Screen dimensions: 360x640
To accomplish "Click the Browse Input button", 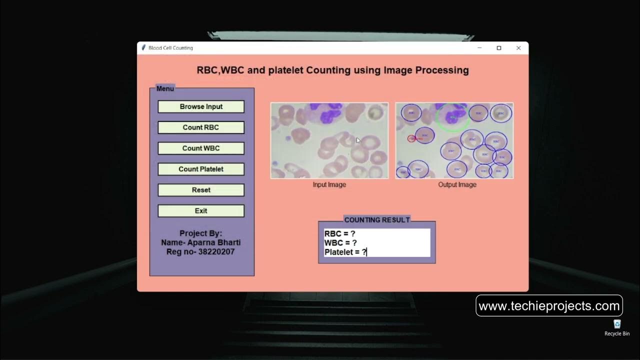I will (201, 106).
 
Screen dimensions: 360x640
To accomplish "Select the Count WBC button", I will (201, 148).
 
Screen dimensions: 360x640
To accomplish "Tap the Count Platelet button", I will (201, 169).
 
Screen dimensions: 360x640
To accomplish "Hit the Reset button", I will (201, 190).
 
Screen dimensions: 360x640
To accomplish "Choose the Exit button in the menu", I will (201, 211).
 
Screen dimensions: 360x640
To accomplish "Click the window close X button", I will (518, 48).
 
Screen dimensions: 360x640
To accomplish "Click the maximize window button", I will (498, 48).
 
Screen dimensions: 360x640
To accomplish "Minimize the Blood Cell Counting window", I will (479, 48).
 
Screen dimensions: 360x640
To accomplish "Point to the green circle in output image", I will (452, 117).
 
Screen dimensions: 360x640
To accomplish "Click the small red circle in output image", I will (411, 138).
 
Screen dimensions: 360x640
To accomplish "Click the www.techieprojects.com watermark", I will (549, 305).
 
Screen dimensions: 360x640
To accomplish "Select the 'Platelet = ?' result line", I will (345, 252).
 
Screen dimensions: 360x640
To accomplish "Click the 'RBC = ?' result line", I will (340, 233).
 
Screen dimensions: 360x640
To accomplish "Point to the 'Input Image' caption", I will (329, 184).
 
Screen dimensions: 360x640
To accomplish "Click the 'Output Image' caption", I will (457, 184).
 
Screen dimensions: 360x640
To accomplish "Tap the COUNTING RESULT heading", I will (377, 220).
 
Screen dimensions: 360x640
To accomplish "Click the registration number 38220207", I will (216, 251).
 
